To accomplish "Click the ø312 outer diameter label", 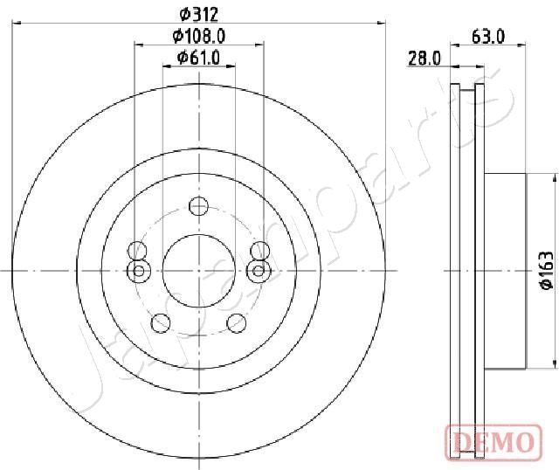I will pyautogui.click(x=198, y=14).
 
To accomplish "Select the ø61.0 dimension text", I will pyautogui.click(x=198, y=58).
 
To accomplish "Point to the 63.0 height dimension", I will pyautogui.click(x=487, y=36).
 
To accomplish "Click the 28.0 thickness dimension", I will pyautogui.click(x=424, y=59).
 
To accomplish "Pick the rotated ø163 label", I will pyautogui.click(x=543, y=270).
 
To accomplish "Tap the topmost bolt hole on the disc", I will pyautogui.click(x=198, y=207).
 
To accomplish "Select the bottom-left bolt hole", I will pyautogui.click(x=160, y=324).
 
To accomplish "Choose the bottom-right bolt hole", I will pyautogui.click(x=236, y=324).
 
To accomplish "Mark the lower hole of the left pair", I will pyautogui.click(x=136, y=270).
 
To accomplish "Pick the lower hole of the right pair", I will pyautogui.click(x=259, y=270).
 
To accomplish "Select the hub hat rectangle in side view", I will pyautogui.click(x=505, y=270).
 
